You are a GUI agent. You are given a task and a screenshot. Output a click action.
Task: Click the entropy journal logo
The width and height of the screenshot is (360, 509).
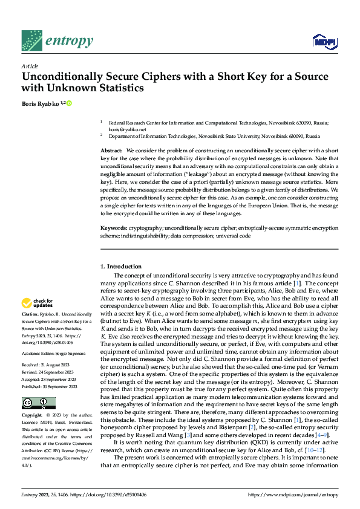tap(57, 41)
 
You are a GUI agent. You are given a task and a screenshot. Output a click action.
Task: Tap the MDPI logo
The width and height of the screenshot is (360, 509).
tap(323, 41)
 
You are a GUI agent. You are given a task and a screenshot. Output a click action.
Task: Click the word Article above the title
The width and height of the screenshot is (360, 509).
tap(29, 65)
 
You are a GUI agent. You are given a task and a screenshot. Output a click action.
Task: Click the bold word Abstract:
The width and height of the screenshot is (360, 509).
tap(111, 149)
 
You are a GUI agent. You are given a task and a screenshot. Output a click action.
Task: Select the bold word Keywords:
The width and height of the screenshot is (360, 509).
tap(113, 227)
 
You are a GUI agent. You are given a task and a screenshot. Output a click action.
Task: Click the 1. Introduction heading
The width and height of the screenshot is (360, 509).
tap(121, 267)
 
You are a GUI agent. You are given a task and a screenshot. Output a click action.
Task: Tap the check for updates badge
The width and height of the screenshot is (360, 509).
tap(37, 303)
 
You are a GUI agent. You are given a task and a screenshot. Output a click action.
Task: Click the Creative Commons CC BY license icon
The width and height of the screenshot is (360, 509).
tap(38, 403)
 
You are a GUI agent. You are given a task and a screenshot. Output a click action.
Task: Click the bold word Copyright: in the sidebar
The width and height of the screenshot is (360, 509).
tap(33, 415)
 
